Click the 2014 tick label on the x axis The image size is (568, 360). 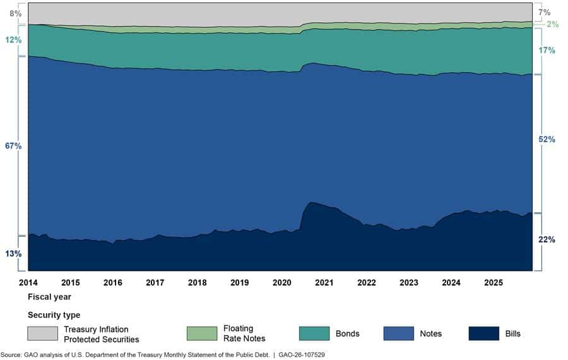tap(28, 282)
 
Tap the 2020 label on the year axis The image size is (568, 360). tap(282, 282)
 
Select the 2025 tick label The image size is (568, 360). tap(494, 282)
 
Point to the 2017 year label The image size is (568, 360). tap(155, 282)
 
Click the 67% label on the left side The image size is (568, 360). tap(13, 146)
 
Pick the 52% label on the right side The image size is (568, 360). tap(547, 139)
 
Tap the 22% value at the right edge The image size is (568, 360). tap(547, 239)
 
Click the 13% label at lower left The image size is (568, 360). tap(13, 253)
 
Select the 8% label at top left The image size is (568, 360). tap(16, 13)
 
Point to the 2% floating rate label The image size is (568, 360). tap(553, 24)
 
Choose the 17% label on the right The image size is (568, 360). tap(547, 50)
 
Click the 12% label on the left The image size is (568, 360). tap(13, 40)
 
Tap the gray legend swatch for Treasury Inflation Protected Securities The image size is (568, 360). tap(42, 333)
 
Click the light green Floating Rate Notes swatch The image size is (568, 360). tap(202, 333)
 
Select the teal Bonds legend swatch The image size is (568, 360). tap(314, 333)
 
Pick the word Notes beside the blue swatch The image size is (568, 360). tap(430, 333)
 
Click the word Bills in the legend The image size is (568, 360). tap(512, 333)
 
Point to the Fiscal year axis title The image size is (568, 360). tap(49, 297)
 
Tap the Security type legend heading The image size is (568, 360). tap(54, 315)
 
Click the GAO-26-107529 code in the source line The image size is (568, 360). tap(302, 355)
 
